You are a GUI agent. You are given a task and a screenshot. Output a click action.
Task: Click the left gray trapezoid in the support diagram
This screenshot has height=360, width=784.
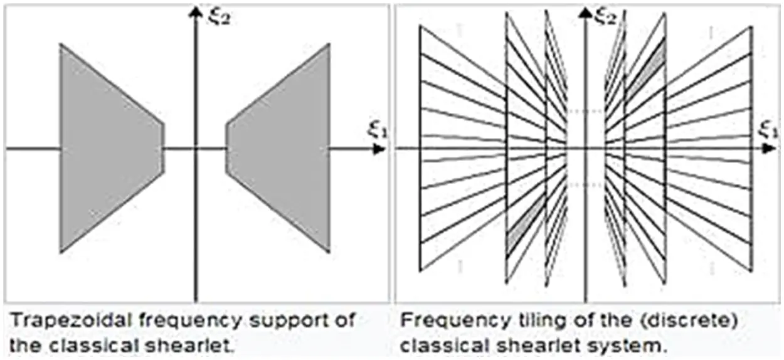point(107,148)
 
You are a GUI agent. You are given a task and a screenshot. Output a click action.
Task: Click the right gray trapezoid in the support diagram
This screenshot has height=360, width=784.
point(282,148)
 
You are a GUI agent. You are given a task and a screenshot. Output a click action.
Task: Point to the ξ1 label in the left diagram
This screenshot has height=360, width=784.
point(374,129)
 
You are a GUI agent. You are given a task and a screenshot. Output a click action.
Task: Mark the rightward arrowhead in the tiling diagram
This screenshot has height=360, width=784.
point(769,149)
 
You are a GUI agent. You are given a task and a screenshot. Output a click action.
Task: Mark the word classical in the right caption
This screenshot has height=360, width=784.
point(441,346)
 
